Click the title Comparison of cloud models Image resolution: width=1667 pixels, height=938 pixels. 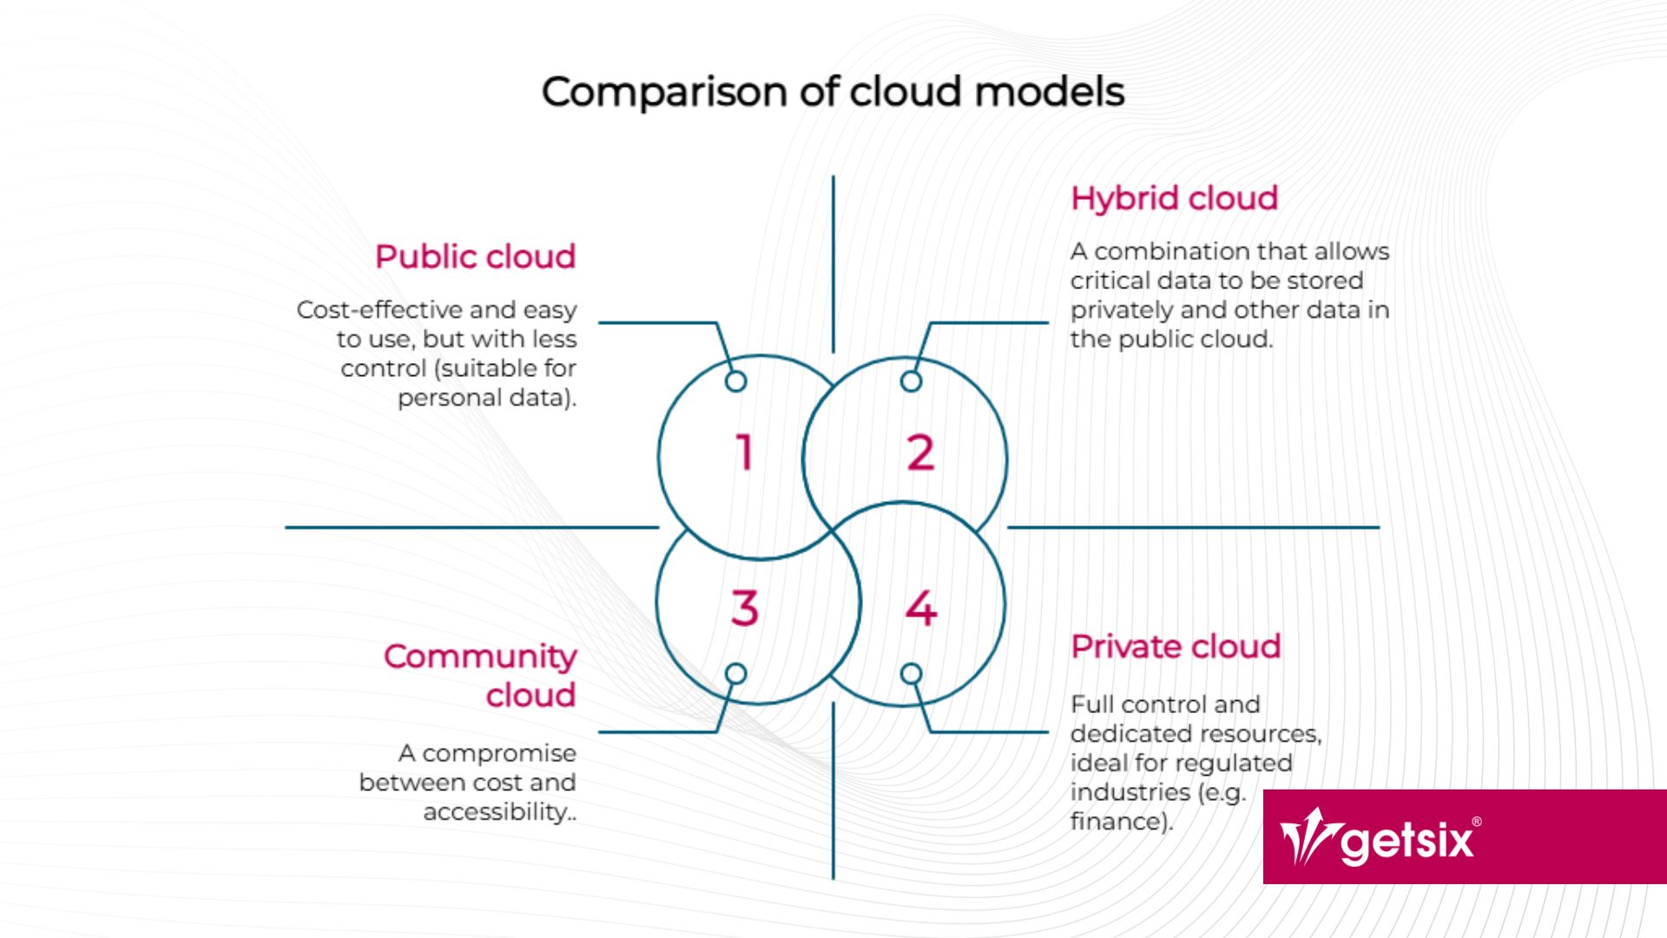pos(833,92)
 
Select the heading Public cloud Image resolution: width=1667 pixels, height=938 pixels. pos(475,257)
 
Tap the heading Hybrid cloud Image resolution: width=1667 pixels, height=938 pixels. pos(1174,199)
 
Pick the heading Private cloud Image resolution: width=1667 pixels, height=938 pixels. pos(1176,647)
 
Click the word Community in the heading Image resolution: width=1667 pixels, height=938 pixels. pos(480,657)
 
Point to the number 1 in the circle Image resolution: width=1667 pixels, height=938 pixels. pos(744,452)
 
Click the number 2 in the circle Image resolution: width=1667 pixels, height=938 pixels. pos(920,452)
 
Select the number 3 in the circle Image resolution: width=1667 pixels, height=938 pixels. pos(744,608)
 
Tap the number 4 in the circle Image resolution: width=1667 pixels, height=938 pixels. pos(920,608)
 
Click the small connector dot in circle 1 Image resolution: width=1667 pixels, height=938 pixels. pos(735,381)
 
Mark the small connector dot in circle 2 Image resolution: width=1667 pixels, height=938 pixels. pos(911,381)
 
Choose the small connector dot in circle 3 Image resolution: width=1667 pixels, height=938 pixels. pos(735,674)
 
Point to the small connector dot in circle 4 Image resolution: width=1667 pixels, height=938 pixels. pos(911,674)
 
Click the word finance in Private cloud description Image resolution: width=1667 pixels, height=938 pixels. pos(1117,822)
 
